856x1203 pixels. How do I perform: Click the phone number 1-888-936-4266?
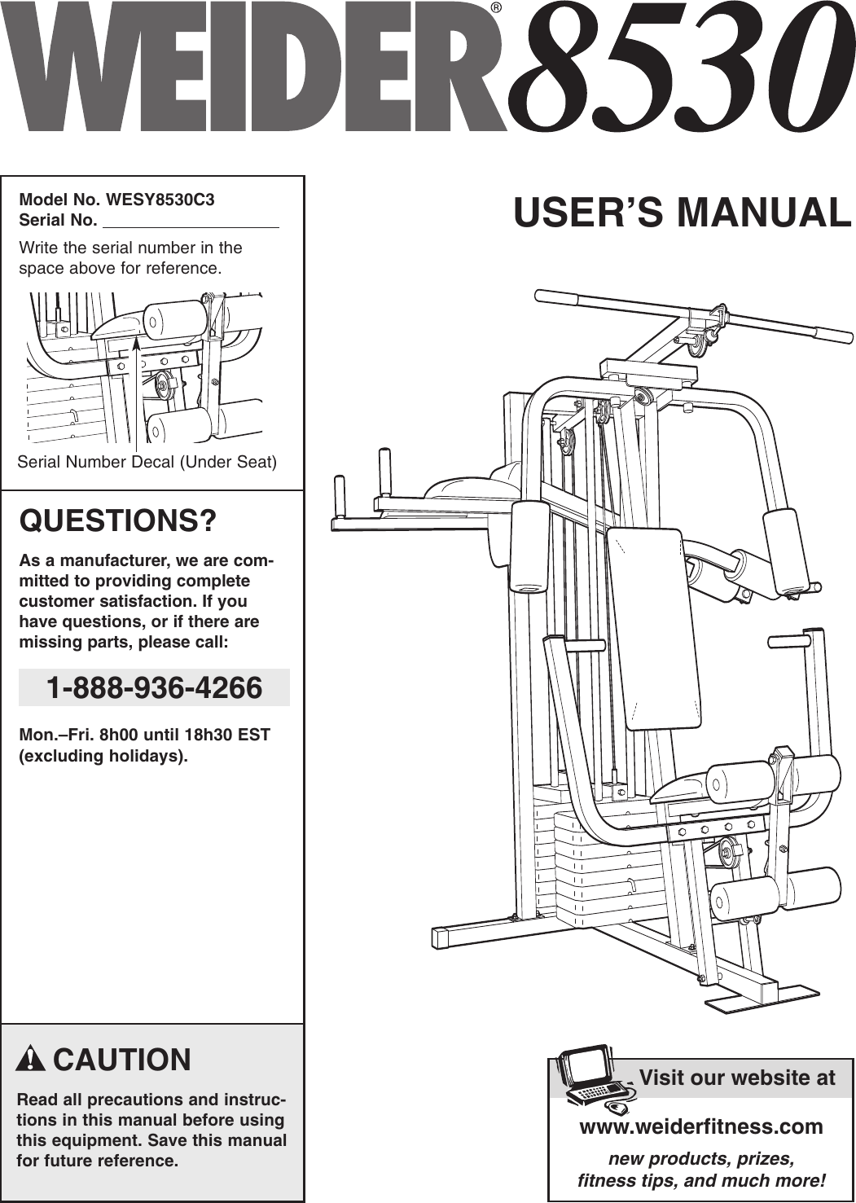point(154,688)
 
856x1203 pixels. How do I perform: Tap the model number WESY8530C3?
point(160,200)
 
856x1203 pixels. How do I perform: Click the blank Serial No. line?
point(191,222)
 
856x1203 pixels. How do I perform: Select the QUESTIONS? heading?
point(118,520)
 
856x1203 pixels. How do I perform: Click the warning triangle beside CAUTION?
point(29,1059)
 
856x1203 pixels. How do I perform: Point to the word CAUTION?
point(122,1060)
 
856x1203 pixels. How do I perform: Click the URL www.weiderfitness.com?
point(700,1126)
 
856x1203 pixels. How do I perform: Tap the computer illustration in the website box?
point(590,1077)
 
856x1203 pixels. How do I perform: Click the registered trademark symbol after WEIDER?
point(496,9)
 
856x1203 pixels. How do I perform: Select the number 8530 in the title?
point(680,69)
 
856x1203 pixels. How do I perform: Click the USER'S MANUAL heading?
point(682,213)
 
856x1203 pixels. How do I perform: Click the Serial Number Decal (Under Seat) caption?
point(147,462)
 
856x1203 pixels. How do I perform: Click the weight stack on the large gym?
point(595,863)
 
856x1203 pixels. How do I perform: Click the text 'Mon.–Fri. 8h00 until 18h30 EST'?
point(144,735)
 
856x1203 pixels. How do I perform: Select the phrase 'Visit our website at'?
point(737,1078)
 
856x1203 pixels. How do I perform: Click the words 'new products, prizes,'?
point(701,1158)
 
